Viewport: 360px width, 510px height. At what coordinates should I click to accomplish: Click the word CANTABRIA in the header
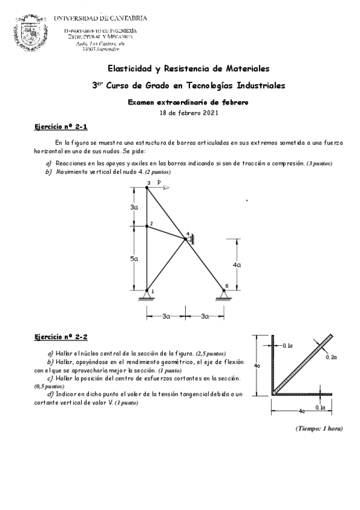(126, 18)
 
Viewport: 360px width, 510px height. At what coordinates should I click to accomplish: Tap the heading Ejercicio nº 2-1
(61, 127)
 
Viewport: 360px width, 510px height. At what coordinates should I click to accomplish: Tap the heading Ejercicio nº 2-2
(61, 338)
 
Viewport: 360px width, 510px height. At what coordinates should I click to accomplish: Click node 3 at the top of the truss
(147, 188)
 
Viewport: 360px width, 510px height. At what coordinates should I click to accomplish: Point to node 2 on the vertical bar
(147, 226)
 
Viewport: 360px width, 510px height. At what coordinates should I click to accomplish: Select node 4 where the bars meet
(186, 239)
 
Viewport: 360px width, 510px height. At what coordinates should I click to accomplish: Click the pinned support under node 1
(147, 294)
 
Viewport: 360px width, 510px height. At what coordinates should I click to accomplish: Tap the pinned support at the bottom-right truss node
(224, 294)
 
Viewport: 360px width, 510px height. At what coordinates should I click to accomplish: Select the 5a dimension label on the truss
(135, 259)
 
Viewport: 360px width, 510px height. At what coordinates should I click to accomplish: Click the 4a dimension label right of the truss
(237, 264)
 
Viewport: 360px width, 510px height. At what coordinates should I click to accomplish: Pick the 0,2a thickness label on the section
(331, 357)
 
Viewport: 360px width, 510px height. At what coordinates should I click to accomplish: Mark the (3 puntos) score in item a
(319, 164)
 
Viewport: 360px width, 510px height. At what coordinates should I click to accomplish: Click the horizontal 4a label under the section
(301, 411)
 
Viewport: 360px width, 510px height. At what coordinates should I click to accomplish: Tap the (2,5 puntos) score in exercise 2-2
(211, 353)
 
